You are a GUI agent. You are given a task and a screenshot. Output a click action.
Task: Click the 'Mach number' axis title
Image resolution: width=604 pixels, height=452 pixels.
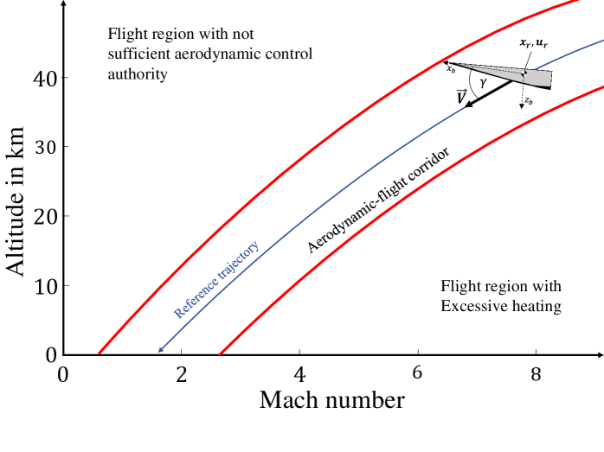(x=331, y=400)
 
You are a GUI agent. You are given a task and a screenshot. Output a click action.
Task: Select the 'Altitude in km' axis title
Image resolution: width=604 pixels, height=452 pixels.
(x=16, y=204)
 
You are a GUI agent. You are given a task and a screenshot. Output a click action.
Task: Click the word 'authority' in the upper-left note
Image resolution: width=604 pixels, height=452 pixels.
(x=138, y=73)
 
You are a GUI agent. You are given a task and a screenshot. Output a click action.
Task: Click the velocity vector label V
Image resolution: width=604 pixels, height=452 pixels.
(x=461, y=96)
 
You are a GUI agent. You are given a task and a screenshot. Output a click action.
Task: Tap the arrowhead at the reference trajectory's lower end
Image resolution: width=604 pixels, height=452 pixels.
(x=161, y=350)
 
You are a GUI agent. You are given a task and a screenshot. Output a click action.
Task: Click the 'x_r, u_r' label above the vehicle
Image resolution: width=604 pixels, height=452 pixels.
(x=531, y=42)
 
